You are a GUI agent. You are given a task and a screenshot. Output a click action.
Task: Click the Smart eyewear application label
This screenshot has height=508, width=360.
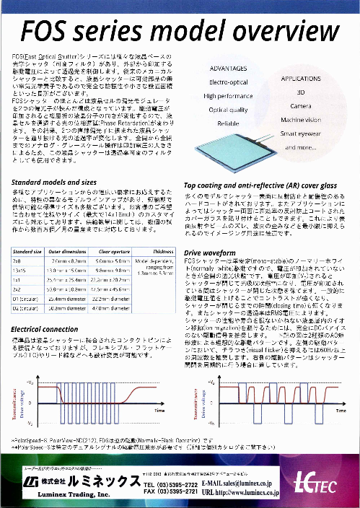tap(302, 133)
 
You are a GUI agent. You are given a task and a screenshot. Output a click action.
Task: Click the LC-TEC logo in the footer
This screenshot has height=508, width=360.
tap(312, 481)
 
